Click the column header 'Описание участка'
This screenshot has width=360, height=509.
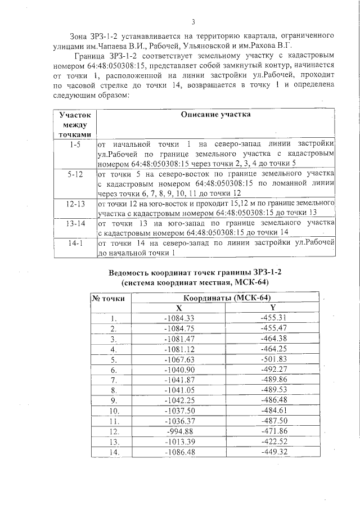click(215, 114)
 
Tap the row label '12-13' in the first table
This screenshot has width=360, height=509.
click(75, 203)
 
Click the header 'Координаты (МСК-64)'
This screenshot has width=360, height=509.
click(225, 298)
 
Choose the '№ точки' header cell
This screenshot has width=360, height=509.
click(111, 299)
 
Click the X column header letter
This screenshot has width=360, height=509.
click(179, 308)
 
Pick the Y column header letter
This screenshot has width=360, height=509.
click(273, 308)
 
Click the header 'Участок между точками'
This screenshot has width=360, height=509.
click(75, 124)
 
